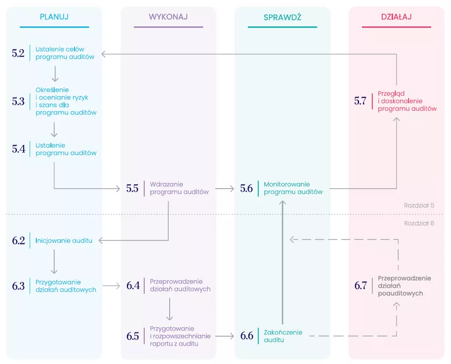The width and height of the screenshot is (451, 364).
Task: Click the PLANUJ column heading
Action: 54,17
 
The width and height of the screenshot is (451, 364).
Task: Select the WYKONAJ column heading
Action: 168,17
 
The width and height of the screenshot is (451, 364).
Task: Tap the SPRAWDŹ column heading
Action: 282,17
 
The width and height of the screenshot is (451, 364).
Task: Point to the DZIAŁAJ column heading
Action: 396,17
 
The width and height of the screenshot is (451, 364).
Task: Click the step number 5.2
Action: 18,53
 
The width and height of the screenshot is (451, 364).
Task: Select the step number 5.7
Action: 361,101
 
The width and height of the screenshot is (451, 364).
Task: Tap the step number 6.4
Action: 133,286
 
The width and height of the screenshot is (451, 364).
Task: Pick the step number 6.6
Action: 247,336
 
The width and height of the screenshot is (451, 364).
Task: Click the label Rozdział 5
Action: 418,206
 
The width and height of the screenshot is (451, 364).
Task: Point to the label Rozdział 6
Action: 418,223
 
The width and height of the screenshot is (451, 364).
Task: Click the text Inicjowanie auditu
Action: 64,240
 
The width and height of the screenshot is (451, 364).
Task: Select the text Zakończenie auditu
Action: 283,336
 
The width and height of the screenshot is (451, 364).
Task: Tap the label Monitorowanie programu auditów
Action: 293,188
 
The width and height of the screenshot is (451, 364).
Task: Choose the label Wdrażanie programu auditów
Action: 179,188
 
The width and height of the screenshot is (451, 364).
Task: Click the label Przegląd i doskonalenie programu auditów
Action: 407,101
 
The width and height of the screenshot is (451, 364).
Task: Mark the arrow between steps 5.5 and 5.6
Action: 225,189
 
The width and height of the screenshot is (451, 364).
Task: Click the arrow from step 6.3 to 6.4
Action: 111,286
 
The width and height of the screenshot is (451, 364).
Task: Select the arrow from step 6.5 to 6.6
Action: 225,336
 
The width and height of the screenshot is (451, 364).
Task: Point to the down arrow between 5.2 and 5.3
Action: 55,74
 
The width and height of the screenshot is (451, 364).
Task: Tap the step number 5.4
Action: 18,149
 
